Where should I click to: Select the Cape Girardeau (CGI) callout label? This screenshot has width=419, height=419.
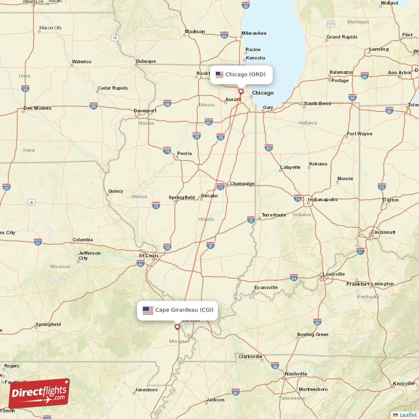(x=178, y=310)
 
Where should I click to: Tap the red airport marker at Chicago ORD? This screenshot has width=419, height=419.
(x=241, y=91)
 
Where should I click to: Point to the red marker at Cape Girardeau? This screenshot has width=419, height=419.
(x=177, y=327)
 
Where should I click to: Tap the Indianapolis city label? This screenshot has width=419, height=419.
(x=323, y=200)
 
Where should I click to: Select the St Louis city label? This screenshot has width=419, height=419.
(x=148, y=256)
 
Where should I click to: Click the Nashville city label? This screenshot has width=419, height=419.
(x=296, y=374)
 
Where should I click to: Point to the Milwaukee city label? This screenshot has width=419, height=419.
(x=253, y=34)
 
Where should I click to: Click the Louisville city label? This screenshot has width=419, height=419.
(x=334, y=274)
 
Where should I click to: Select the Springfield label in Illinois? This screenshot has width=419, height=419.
(x=181, y=197)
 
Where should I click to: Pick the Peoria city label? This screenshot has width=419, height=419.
(x=184, y=153)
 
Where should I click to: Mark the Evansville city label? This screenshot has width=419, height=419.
(x=266, y=288)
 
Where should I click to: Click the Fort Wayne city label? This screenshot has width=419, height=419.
(x=360, y=134)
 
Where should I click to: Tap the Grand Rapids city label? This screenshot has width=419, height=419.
(x=341, y=37)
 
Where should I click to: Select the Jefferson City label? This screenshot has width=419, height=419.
(x=90, y=256)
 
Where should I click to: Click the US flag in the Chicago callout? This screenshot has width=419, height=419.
(x=219, y=74)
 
